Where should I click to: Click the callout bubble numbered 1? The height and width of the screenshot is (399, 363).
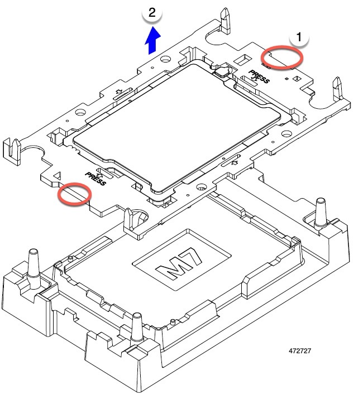[x=299, y=37]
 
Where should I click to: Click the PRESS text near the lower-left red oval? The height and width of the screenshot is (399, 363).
[x=95, y=177]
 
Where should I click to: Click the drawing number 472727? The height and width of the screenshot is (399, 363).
[x=301, y=352]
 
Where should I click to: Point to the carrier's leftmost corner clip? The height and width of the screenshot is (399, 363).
[x=12, y=150]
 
